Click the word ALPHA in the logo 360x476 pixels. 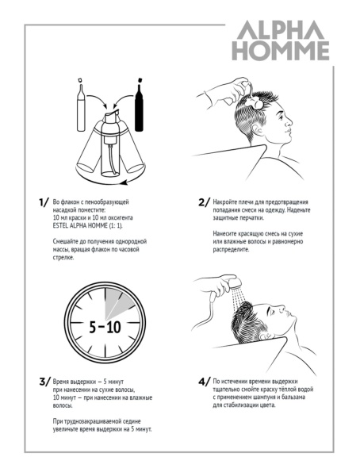[x=280, y=30]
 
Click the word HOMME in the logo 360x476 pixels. [x=281, y=51]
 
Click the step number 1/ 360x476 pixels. [x=44, y=202]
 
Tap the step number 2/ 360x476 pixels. [x=204, y=202]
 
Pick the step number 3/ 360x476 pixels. [x=44, y=382]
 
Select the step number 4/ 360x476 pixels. [x=204, y=382]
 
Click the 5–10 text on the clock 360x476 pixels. [x=105, y=327]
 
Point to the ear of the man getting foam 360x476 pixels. [x=259, y=130]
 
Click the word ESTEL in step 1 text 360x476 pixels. [x=60, y=225]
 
